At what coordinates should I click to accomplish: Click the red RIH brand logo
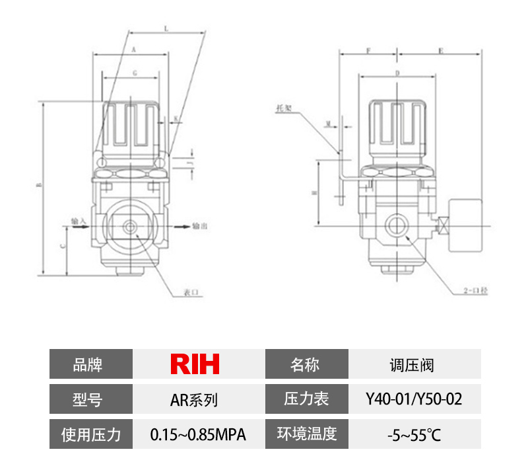pos(195,364)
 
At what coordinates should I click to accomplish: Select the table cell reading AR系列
pos(195,399)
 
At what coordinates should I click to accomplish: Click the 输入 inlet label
pos(79,220)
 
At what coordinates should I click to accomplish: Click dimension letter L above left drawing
pos(165,29)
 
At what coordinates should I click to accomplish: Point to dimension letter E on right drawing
pos(440,50)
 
